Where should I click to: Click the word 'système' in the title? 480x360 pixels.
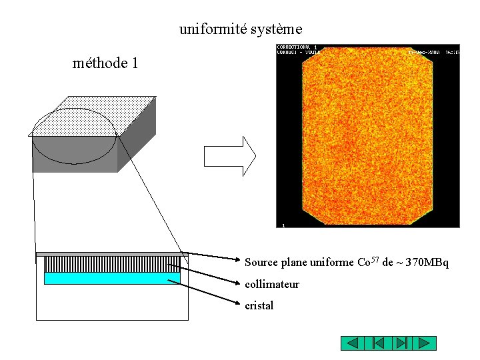coord(277,29)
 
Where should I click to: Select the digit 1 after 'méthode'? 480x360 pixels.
coord(135,64)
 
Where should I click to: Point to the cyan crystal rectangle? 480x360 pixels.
coord(112,278)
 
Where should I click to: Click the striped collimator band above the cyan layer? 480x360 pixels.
coord(112,264)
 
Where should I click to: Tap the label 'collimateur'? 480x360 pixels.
coord(272,285)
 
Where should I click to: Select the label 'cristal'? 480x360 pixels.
coord(259,306)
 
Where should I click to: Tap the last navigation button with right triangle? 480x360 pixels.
coord(425,343)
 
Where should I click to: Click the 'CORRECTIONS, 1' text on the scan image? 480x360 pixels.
coord(297,47)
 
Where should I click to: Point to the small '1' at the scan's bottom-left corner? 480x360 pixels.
coord(283,225)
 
